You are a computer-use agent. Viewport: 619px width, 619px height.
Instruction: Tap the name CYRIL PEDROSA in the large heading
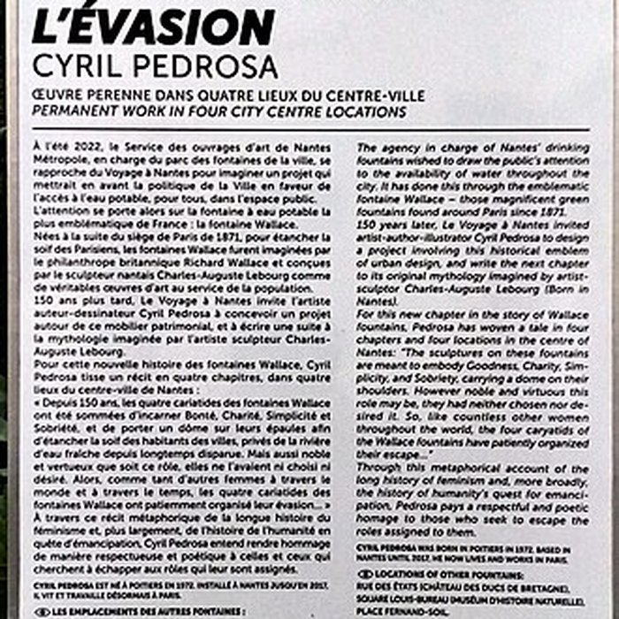click(154, 65)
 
